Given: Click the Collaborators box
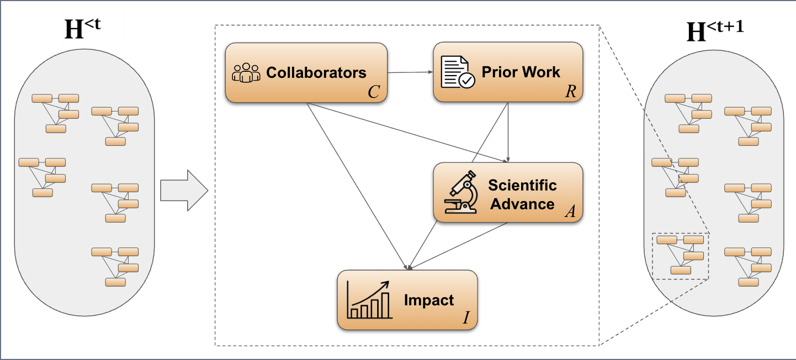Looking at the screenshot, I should pos(306,73).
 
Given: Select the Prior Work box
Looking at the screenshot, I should pos(508,73).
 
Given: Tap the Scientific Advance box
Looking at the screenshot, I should pos(508,192).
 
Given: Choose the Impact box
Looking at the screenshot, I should pos(407,300).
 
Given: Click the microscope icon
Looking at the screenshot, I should pos(461,192).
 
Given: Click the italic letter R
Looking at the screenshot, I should pos(570,92).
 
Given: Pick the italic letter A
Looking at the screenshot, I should pos(570,211).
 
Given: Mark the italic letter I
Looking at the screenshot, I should pos(466,319).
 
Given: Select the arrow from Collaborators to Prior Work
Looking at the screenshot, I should pos(410,72).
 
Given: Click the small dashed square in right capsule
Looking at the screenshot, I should pos(680,256).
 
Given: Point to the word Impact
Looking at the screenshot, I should pos(429,300).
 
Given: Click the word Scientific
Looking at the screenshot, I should pos(522,184).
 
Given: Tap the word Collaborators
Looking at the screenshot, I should pos(316,72).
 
